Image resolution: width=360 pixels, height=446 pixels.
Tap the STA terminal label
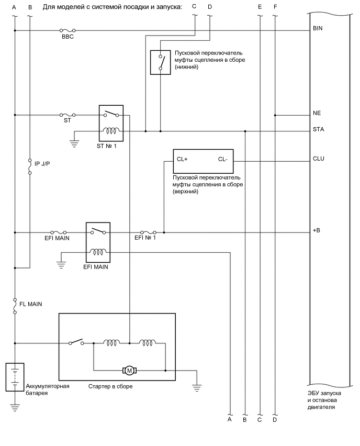click(318, 130)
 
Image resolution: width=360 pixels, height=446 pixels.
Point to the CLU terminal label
click(318, 159)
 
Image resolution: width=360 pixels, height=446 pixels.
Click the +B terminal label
click(317, 230)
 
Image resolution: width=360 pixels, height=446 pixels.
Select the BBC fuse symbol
click(66, 31)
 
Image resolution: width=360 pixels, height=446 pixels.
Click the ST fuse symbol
click(67, 114)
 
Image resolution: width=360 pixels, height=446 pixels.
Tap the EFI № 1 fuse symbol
click(147, 231)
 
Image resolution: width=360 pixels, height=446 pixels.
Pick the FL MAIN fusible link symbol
click(15, 305)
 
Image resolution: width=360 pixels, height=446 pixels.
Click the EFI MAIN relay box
click(97, 242)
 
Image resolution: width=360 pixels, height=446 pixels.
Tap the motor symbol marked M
click(129, 371)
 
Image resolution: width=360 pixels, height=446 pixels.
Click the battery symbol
click(14, 377)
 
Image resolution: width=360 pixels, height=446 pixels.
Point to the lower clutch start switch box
click(160, 62)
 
